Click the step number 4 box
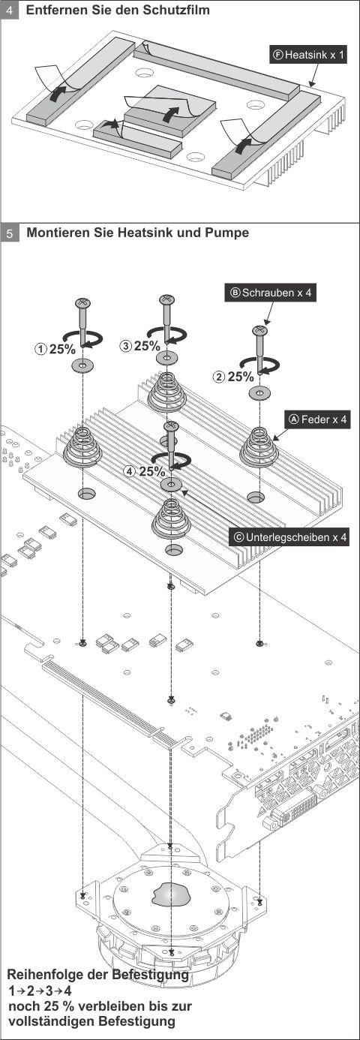tap(10, 11)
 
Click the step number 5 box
tap(10, 233)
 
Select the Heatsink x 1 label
tap(308, 56)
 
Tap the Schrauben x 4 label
tap(271, 293)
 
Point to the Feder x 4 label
tap(318, 419)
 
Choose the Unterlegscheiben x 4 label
tap(290, 537)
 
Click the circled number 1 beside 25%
tap(40, 348)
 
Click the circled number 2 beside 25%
tap(219, 377)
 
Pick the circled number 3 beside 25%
tap(125, 345)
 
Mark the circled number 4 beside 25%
tap(130, 471)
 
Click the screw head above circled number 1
tap(82, 302)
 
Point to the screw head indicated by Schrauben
tap(259, 330)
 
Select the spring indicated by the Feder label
tap(259, 446)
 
